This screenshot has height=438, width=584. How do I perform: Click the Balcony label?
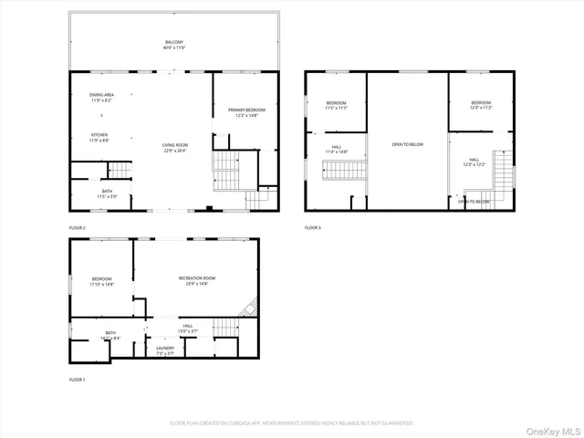pyautogui.click(x=174, y=45)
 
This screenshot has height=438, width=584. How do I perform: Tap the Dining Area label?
pyautogui.click(x=101, y=98)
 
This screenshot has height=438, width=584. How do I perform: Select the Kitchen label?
pyautogui.click(x=99, y=138)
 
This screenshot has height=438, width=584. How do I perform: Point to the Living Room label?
pyautogui.click(x=175, y=148)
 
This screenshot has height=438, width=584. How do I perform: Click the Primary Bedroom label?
pyautogui.click(x=246, y=112)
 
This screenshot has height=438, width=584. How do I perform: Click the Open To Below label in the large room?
pyautogui.click(x=407, y=144)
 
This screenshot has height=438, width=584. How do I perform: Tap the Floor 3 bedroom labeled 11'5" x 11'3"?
pyautogui.click(x=337, y=105)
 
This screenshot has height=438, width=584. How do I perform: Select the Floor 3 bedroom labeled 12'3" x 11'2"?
pyautogui.click(x=481, y=105)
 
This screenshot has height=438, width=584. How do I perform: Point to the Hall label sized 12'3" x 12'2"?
pyautogui.click(x=480, y=162)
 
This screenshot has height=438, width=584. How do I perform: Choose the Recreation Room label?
pyautogui.click(x=196, y=280)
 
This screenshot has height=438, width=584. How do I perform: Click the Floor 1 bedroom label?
pyautogui.click(x=101, y=282)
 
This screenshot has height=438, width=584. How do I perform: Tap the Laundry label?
pyautogui.click(x=165, y=350)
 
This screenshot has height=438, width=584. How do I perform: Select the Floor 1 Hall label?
pyautogui.click(x=187, y=328)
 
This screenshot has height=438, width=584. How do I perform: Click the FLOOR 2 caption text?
pyautogui.click(x=78, y=227)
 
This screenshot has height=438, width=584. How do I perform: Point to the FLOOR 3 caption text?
pyautogui.click(x=313, y=227)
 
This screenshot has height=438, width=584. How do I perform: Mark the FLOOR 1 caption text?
pyautogui.click(x=78, y=379)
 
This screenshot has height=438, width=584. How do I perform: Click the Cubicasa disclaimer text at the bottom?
pyautogui.click(x=292, y=423)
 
